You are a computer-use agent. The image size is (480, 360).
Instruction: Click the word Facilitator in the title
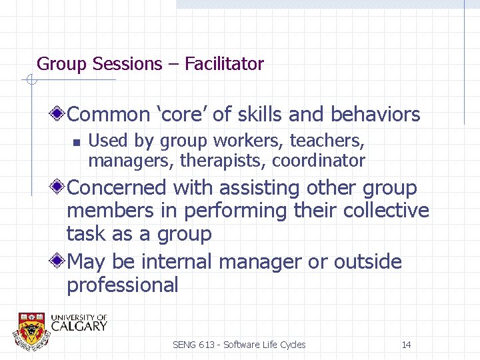tap(224, 64)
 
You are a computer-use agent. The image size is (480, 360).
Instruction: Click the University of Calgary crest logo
tap(32, 328)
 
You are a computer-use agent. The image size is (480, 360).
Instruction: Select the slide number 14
tap(406, 345)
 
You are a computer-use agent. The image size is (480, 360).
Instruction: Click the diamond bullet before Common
tap(60, 115)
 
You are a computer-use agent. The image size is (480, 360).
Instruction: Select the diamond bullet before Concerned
tap(60, 188)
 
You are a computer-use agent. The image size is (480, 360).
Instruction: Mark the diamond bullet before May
tap(60, 261)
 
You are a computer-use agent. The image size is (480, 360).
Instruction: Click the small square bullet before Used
tap(77, 141)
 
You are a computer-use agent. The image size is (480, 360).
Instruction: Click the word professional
tap(122, 285)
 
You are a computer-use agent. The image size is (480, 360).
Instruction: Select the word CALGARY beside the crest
tap(79, 326)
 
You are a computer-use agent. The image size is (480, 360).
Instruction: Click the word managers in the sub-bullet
tap(119, 161)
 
